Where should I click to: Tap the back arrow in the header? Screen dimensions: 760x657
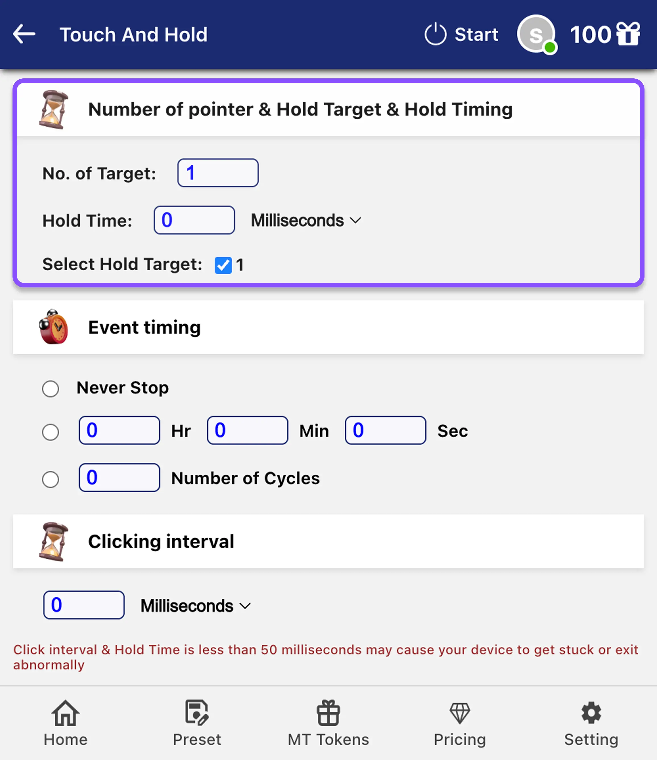[24, 34]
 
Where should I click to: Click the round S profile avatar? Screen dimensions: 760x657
[536, 34]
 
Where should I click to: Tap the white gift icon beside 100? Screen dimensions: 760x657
[628, 34]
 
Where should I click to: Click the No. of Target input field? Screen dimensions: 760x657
[218, 173]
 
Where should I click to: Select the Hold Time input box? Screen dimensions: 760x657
[194, 220]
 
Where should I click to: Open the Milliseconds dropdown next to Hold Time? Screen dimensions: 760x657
[306, 220]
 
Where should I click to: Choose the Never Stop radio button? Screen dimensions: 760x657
[50, 389]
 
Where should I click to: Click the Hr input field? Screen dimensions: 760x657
[119, 430]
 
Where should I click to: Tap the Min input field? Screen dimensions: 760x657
[248, 430]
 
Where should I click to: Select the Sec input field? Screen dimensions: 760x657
[385, 430]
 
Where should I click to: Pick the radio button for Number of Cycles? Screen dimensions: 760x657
[50, 479]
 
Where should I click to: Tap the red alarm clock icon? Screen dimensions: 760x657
[54, 327]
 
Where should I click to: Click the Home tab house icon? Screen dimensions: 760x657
[65, 713]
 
